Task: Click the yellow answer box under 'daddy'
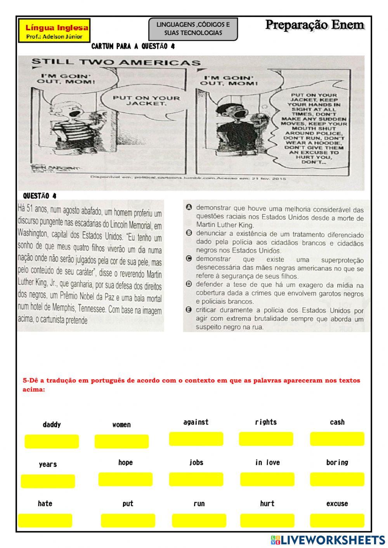point(52,441)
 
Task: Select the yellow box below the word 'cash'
point(337,439)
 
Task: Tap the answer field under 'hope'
point(125,479)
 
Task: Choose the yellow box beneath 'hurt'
point(267,520)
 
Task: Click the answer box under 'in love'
point(267,479)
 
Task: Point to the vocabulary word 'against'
point(196,422)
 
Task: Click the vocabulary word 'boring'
point(337,463)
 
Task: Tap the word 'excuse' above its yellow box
point(337,504)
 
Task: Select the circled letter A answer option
point(189,207)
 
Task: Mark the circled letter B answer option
point(189,233)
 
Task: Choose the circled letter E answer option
point(189,309)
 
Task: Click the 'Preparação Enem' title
point(315,25)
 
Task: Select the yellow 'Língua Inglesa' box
point(54,31)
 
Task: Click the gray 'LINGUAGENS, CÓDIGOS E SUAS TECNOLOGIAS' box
point(193,29)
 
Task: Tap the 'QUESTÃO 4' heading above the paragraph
point(40,196)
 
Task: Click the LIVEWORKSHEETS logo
point(327,540)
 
